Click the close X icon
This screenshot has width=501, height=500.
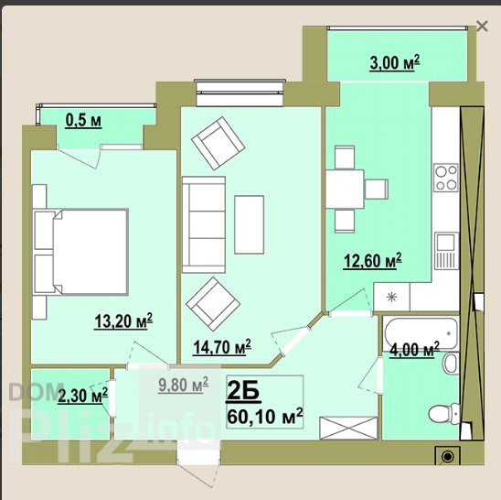point(482,27)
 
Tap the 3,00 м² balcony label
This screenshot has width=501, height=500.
point(395,62)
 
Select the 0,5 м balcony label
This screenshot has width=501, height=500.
point(83,121)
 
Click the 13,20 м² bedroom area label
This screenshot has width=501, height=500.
point(123,321)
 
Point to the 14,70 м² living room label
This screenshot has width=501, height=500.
point(222,347)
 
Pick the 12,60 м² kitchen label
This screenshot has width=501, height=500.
point(373,261)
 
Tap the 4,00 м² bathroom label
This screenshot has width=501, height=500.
point(414,349)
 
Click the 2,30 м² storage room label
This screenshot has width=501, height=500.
point(82,397)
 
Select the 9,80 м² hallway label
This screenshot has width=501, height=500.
point(183,385)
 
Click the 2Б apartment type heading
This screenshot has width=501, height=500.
point(242,392)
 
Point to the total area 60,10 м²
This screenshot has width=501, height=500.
point(264,416)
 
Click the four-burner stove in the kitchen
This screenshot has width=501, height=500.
point(446,178)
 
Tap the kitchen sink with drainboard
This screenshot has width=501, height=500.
point(446,251)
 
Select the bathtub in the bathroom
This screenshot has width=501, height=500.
point(421,333)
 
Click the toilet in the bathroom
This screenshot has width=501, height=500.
point(443,413)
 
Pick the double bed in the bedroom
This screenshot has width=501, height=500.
point(80,252)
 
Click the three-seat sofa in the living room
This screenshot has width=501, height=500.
point(204,224)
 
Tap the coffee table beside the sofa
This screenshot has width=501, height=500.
point(249,224)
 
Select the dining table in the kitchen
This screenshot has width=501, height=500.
point(345,190)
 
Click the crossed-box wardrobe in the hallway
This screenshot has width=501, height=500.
point(348,428)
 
